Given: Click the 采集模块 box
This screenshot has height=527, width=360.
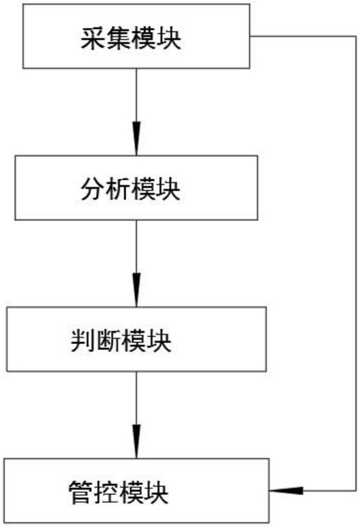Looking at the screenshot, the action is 136,36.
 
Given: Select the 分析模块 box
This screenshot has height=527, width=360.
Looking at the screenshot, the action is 136,188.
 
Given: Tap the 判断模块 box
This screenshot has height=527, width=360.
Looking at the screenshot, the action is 137,339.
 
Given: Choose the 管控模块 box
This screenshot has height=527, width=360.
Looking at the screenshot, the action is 137,490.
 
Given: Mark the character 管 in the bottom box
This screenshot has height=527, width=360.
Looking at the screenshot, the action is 80,493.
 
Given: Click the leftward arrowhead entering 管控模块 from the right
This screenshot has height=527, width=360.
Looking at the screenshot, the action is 286,490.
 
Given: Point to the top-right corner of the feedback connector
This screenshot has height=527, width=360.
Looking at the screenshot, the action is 356,36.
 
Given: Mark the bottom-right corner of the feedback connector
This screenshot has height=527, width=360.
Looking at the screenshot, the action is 356,490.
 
